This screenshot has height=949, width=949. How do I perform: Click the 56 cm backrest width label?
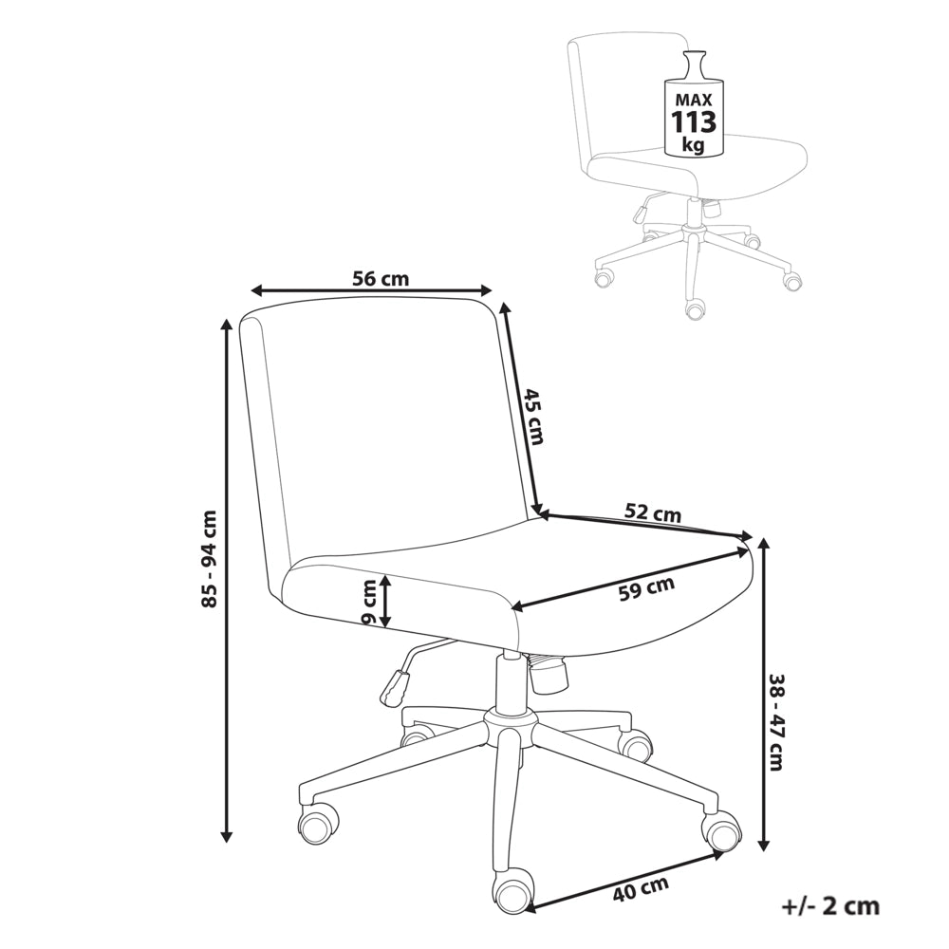click(x=381, y=278)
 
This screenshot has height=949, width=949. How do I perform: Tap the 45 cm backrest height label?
click(x=532, y=416)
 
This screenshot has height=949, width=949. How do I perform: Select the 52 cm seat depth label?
click(x=653, y=512)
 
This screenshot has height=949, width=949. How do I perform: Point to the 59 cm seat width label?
click(x=646, y=588)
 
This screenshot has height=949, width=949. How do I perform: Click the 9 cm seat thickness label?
click(x=368, y=603)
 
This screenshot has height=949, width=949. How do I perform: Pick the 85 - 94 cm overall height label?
click(x=209, y=559)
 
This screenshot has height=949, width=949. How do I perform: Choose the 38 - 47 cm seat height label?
click(x=775, y=722)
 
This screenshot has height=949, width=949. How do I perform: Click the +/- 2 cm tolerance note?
click(x=830, y=906)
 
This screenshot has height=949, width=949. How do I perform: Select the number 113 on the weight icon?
click(x=694, y=122)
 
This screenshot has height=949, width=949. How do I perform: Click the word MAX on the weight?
click(x=695, y=100)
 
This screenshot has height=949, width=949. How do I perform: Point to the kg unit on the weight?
click(x=694, y=145)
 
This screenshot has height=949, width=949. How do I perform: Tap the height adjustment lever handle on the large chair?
click(x=394, y=687)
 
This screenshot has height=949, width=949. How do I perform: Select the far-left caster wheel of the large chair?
click(x=318, y=823)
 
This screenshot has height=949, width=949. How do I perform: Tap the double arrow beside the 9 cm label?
click(x=387, y=601)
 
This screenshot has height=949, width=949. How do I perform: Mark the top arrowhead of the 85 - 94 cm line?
click(x=227, y=324)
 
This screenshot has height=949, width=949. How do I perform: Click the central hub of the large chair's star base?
click(x=510, y=724)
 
